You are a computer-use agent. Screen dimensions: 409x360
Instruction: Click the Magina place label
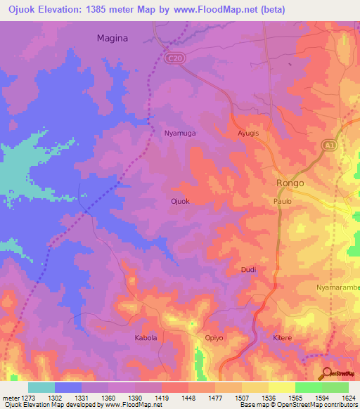pos(112,39)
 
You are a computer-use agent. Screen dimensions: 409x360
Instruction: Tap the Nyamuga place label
pos(179,132)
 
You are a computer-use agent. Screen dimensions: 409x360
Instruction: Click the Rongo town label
pos(288,183)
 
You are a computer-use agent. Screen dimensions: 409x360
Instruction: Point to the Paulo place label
pos(282,201)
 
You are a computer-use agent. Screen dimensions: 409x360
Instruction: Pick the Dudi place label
pos(248,270)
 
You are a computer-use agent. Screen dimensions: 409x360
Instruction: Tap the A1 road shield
pos(328,145)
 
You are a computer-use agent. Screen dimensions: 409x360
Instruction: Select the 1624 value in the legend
pos(349,398)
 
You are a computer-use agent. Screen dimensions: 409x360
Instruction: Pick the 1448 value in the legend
pos(188,398)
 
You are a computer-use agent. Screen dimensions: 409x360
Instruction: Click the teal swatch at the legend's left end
pos(41,387)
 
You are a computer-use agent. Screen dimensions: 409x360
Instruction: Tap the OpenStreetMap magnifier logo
pos(326,373)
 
